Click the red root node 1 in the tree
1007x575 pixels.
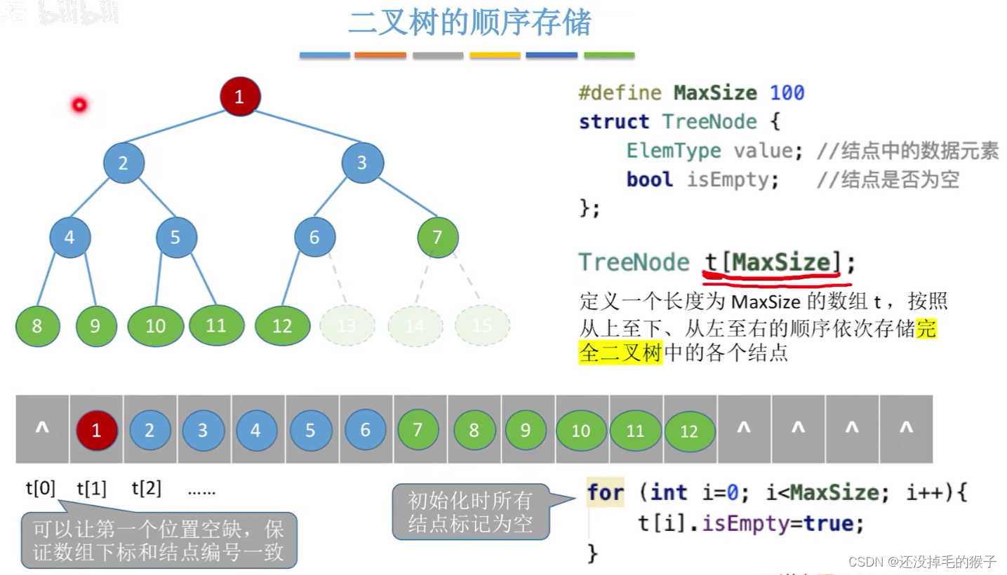tap(239, 97)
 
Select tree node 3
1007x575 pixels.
tap(362, 163)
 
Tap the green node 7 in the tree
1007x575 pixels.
tap(437, 237)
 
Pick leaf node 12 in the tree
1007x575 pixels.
tap(282, 325)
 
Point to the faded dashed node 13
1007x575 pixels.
tap(347, 325)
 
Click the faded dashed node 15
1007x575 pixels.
tap(482, 325)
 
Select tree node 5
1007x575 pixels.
tap(175, 237)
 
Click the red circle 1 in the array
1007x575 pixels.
tap(96, 430)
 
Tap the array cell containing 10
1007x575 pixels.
tap(581, 430)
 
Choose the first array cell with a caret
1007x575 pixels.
tap(42, 428)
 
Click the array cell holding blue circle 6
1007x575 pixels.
tap(365, 430)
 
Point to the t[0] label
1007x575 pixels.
tap(40, 488)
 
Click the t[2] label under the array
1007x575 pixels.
tap(146, 488)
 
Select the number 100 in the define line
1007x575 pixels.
tap(787, 93)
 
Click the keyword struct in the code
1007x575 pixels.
tap(613, 121)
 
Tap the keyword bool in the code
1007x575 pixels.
tap(649, 180)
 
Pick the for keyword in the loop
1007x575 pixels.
tap(605, 492)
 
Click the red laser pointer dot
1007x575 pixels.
tap(79, 105)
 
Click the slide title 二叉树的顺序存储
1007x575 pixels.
tap(469, 22)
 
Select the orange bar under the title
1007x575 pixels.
tap(380, 55)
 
